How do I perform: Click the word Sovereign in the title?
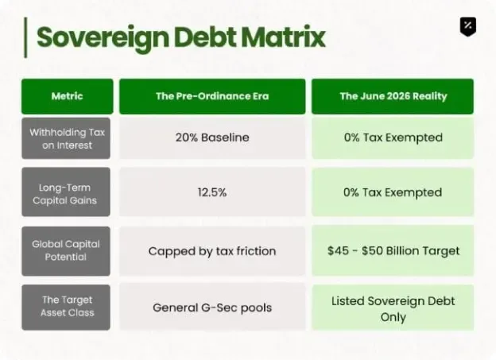point(103,38)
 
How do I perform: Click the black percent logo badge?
point(468,26)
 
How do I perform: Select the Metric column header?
point(67,96)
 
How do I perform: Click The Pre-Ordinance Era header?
point(212,96)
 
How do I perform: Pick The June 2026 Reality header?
point(393,96)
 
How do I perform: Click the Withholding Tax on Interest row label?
point(66,138)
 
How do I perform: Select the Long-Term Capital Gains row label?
point(66,192)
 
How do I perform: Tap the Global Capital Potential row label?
point(66,251)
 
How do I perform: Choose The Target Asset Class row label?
point(66,308)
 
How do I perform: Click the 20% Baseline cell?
point(212,138)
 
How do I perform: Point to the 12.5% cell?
point(212,192)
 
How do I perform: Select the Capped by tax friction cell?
point(212,251)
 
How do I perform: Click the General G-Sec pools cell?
point(212,308)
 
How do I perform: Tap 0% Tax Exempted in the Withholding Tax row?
point(393,138)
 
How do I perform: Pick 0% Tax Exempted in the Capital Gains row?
point(393,192)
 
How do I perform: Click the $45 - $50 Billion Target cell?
point(393,251)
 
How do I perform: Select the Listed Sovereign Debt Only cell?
point(393,308)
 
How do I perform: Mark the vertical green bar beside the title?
point(25,37)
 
